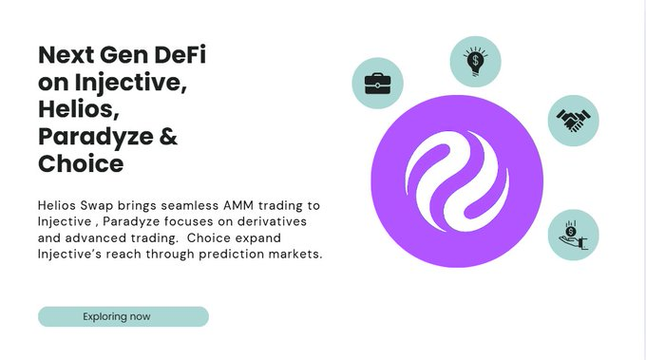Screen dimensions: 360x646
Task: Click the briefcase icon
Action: (377, 83)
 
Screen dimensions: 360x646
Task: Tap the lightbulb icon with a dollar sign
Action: (475, 62)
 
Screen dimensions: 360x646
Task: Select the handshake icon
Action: (573, 121)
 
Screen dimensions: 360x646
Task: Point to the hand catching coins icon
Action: (573, 235)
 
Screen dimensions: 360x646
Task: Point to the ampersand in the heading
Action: (167, 137)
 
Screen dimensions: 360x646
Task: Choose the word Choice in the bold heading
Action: (81, 163)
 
